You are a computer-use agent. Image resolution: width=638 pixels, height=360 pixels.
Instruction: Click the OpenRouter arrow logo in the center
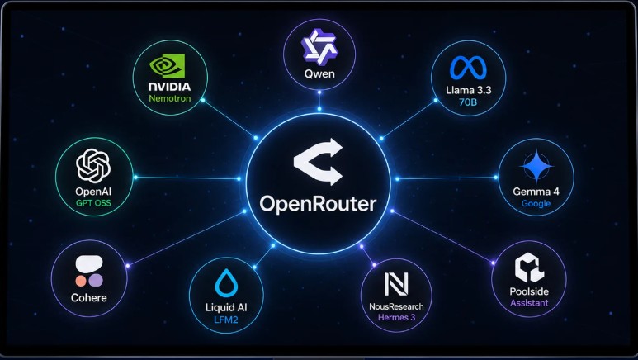click(319, 162)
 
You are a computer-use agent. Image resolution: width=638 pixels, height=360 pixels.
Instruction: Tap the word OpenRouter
click(319, 204)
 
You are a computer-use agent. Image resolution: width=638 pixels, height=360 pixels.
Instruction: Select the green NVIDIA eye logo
click(167, 66)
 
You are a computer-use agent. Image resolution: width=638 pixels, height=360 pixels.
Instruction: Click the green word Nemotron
click(170, 98)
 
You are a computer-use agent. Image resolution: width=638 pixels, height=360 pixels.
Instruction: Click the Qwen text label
click(319, 74)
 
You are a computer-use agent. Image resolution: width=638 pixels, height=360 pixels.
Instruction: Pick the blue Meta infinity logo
click(468, 68)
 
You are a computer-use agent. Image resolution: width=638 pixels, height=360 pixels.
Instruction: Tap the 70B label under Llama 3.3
click(468, 102)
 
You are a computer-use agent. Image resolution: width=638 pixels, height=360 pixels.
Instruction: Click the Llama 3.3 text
click(468, 90)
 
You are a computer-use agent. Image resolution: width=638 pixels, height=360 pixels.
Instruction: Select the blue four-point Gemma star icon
click(536, 166)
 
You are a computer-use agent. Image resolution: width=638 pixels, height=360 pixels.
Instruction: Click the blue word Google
click(536, 204)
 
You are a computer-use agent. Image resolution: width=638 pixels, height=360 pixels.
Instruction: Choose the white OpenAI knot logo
click(93, 166)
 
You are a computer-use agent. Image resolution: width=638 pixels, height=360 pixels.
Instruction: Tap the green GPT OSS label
click(93, 203)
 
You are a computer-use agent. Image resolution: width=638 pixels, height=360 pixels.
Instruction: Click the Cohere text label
click(88, 298)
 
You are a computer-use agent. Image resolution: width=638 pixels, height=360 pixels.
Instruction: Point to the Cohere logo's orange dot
click(81, 281)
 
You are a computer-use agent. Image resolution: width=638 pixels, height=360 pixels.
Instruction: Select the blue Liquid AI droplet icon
click(226, 282)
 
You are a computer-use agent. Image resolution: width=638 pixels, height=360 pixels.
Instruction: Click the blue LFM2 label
click(226, 320)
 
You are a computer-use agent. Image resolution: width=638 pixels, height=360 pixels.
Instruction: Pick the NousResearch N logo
click(396, 284)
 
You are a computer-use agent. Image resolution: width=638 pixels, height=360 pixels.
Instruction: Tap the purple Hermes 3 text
click(397, 317)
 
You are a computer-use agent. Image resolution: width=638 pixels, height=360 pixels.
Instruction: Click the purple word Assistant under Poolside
click(529, 303)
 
